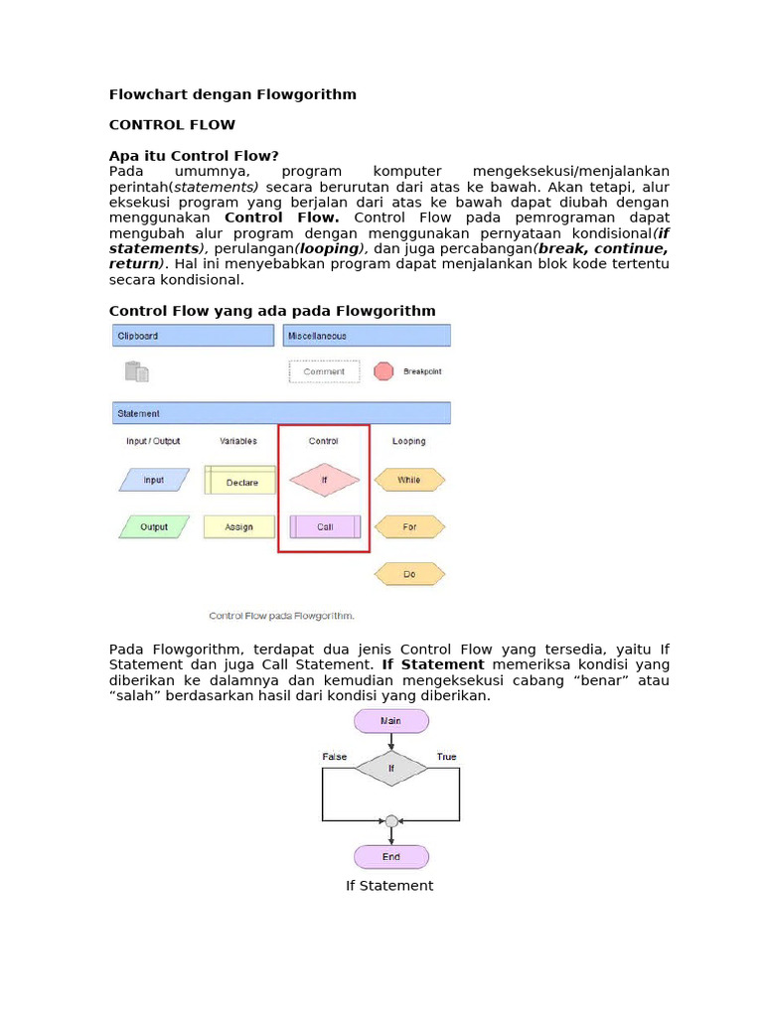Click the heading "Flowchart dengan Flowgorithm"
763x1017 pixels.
(231, 94)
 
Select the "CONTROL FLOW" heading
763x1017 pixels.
(172, 125)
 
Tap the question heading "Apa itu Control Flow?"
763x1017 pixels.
(194, 156)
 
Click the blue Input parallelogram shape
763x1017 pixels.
(154, 481)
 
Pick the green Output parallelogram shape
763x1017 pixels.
(154, 526)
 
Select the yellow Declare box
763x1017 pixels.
(239, 482)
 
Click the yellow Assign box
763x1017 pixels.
(239, 526)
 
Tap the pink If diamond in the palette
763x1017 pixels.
(324, 480)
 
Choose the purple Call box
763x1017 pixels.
(325, 526)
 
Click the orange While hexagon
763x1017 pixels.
(409, 480)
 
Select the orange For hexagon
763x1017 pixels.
(409, 526)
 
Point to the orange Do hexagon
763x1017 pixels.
(409, 574)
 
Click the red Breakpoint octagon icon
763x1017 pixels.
(383, 371)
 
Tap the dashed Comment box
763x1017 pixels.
(324, 371)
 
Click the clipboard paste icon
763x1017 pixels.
(137, 371)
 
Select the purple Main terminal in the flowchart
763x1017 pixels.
(390, 721)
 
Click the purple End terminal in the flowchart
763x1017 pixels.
(390, 856)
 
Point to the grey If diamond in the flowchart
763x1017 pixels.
(390, 768)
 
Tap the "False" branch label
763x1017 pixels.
(335, 757)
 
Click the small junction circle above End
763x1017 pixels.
(390, 821)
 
